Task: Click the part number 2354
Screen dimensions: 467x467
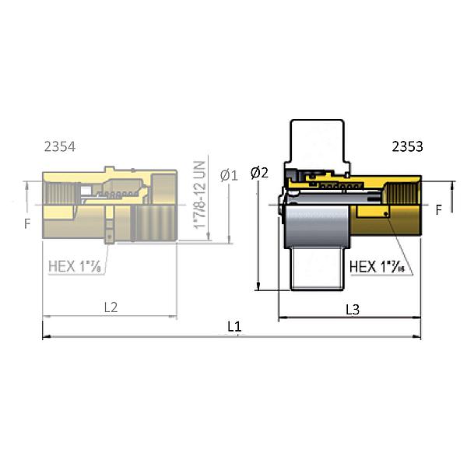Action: tap(60, 146)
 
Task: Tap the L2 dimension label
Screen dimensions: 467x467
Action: tap(111, 307)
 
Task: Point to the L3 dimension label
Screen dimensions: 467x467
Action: tap(352, 309)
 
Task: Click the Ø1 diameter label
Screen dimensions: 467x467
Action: tap(228, 176)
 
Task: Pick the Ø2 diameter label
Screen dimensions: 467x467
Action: tap(259, 173)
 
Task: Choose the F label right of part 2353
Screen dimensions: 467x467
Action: tap(439, 210)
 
